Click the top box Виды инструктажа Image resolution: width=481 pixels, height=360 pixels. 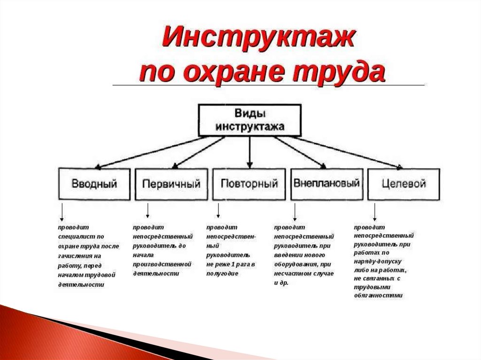click(250, 121)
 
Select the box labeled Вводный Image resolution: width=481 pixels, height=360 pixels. click(94, 184)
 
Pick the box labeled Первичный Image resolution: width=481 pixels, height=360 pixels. click(171, 184)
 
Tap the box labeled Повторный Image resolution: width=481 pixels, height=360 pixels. click(249, 184)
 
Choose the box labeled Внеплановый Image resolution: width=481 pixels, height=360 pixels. click(327, 183)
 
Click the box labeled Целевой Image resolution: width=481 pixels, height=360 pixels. click(403, 184)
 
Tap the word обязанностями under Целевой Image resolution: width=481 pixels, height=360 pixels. click(378, 296)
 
